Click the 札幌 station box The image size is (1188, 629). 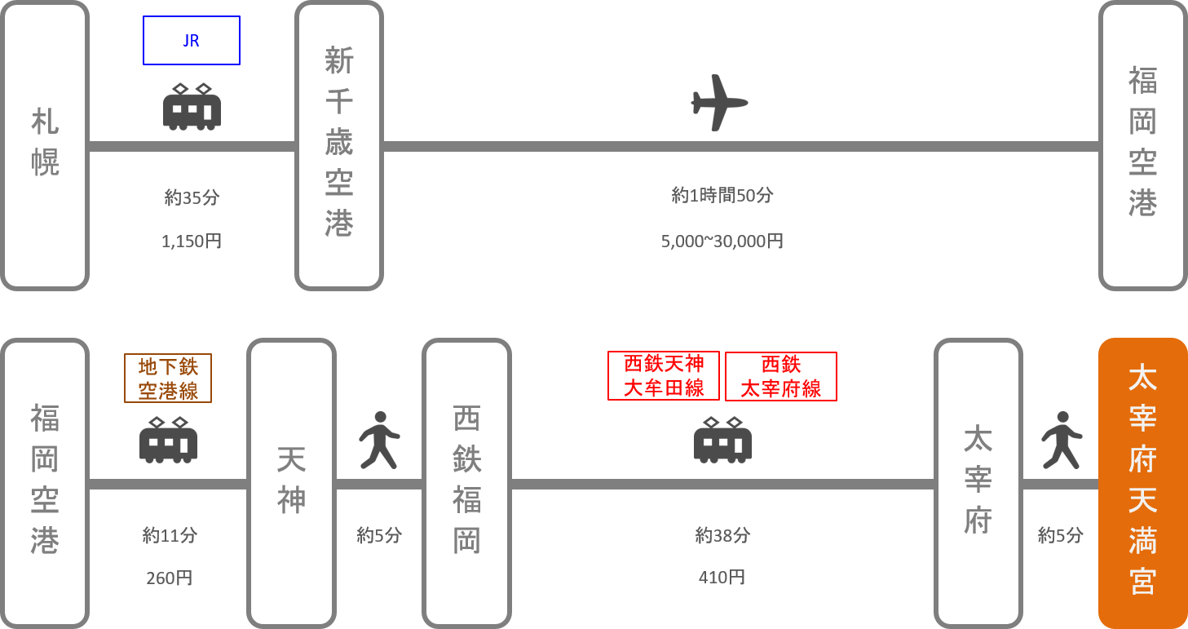click(x=45, y=146)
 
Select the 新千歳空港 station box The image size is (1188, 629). click(x=338, y=146)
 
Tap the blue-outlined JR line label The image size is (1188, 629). click(x=192, y=41)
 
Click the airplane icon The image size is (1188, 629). click(x=719, y=103)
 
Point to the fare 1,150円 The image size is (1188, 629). click(x=192, y=241)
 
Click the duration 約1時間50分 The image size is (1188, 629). click(x=722, y=196)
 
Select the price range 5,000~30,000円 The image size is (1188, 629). click(x=722, y=241)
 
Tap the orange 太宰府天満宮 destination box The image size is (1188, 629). click(x=1142, y=483)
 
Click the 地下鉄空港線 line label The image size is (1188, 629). click(x=168, y=379)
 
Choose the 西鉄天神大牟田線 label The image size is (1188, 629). click(x=664, y=376)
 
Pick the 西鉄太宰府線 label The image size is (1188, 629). click(x=781, y=376)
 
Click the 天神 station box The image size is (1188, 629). click(x=291, y=483)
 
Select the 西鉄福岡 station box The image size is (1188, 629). click(x=466, y=483)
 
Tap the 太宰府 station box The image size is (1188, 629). click(x=978, y=483)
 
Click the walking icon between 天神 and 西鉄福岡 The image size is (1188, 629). click(x=379, y=441)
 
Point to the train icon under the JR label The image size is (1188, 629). click(x=192, y=107)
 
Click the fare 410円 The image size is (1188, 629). click(x=722, y=578)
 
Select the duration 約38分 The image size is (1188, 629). click(x=722, y=536)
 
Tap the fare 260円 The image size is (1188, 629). click(x=170, y=578)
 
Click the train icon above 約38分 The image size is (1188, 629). click(x=722, y=441)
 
